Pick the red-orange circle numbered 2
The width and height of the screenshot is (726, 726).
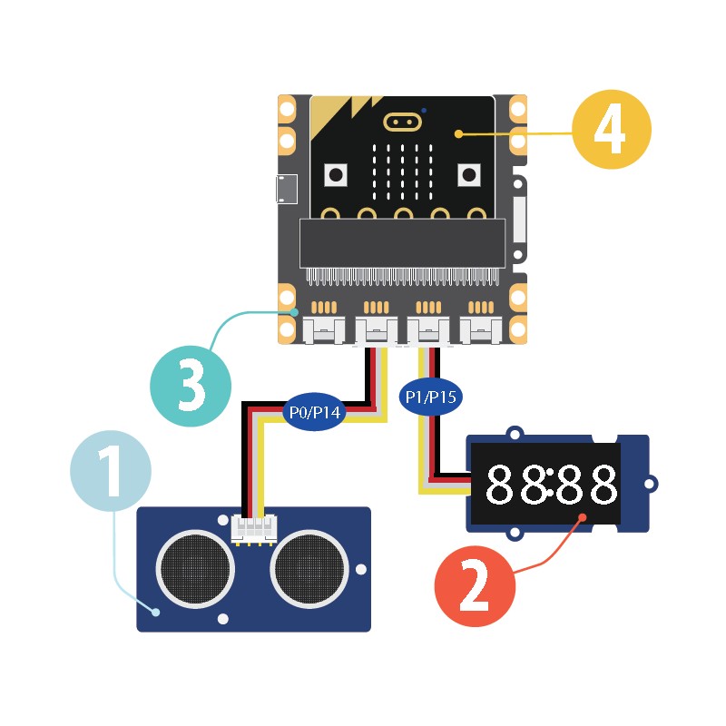point(475,586)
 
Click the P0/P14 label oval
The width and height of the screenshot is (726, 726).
point(314,412)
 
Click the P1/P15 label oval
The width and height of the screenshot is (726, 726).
point(427,396)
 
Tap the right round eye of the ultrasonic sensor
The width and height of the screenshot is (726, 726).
point(309,569)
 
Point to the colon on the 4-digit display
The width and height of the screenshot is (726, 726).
point(551,486)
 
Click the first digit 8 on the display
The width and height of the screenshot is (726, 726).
point(502,486)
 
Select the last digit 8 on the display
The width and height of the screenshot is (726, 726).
point(603,486)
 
